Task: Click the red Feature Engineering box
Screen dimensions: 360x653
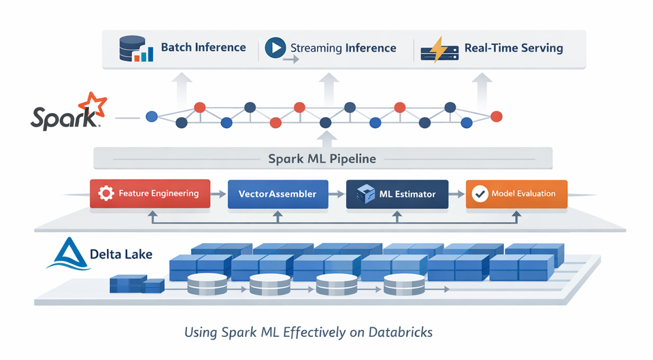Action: tap(150, 193)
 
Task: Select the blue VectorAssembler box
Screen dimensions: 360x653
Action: tap(278, 193)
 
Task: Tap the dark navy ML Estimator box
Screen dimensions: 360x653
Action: tap(397, 193)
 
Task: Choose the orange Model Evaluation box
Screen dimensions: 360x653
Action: tap(516, 193)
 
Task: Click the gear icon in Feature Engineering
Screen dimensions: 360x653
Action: tap(105, 193)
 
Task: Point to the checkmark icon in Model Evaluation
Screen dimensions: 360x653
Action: tap(480, 194)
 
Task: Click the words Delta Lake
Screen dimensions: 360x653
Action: tap(121, 255)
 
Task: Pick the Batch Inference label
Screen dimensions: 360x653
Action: tap(203, 48)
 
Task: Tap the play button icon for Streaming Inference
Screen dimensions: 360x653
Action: tap(274, 47)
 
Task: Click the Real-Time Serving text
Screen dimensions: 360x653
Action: tap(514, 48)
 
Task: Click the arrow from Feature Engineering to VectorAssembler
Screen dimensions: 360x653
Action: tap(218, 194)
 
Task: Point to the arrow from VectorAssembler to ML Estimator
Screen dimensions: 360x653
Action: tap(337, 194)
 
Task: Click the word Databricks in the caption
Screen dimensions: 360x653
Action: tap(400, 333)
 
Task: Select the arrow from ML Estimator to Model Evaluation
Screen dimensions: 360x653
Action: tap(456, 194)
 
